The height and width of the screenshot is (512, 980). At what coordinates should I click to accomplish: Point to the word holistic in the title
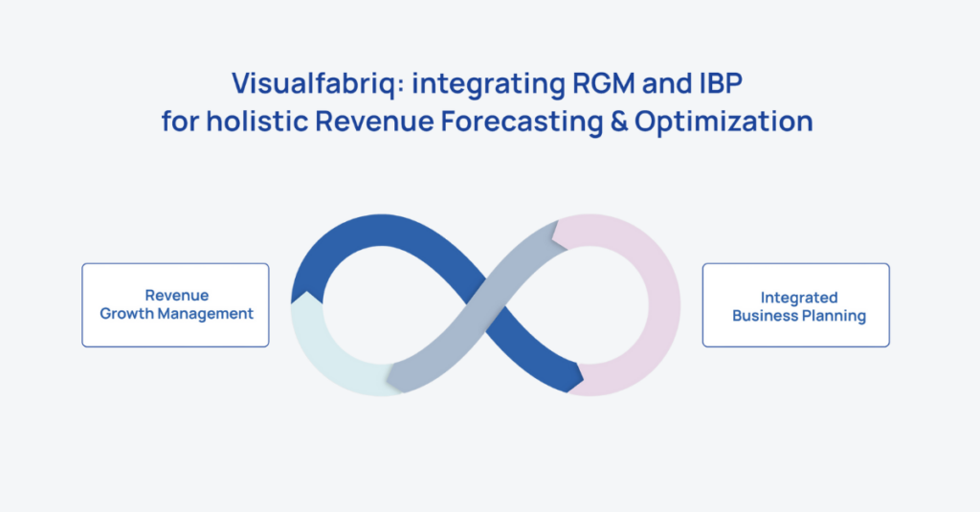(x=257, y=121)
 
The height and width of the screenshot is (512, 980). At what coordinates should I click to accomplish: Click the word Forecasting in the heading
(x=522, y=122)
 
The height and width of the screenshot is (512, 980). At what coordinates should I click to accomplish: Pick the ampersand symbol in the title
(x=619, y=122)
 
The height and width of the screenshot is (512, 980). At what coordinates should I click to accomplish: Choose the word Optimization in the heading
(x=724, y=122)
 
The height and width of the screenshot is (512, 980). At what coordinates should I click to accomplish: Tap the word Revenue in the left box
(x=177, y=295)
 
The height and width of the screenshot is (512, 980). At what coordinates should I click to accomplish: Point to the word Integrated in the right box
(x=799, y=299)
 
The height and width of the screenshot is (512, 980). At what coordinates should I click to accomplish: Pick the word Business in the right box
(x=765, y=316)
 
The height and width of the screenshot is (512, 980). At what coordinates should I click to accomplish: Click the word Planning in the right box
(x=834, y=317)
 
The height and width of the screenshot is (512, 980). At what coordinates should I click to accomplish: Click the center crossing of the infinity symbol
(x=485, y=305)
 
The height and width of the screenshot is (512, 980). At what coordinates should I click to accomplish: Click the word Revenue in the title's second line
(x=374, y=122)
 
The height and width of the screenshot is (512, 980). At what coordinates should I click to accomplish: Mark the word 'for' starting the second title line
(x=181, y=122)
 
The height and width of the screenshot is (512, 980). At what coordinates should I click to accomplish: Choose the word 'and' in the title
(x=662, y=83)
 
